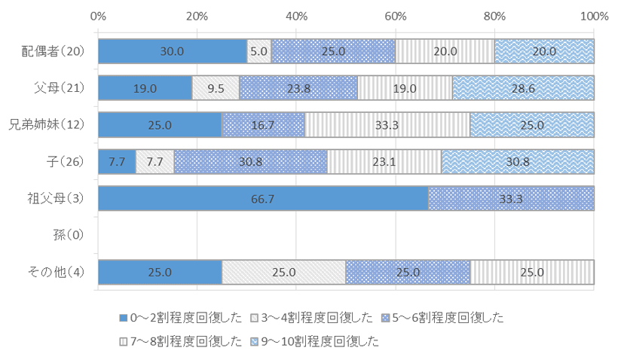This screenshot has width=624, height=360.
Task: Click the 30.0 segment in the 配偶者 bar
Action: pos(173,51)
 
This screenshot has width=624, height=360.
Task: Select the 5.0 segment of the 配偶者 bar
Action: pos(259,51)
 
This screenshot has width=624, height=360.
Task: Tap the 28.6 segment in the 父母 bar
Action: pos(523,88)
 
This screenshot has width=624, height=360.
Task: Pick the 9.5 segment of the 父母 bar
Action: pos(216,88)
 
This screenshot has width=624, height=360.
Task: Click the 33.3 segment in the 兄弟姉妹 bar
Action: pos(387,125)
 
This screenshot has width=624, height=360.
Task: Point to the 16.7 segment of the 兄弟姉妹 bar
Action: pos(263,125)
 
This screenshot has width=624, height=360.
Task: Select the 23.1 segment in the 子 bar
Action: pos(384,162)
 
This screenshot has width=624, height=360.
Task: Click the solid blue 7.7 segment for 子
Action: pos(117,162)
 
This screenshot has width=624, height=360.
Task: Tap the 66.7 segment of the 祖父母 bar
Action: pos(263,199)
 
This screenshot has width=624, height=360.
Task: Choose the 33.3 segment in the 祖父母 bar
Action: pos(511,199)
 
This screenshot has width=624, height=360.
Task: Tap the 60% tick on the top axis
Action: pos(396,16)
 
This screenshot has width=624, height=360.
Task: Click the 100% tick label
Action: pos(594,16)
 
